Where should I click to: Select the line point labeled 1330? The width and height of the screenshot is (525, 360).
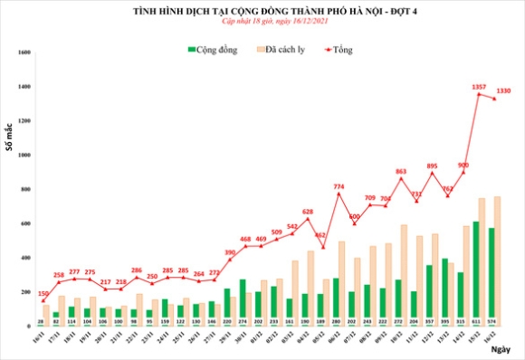pyautogui.click(x=493, y=99)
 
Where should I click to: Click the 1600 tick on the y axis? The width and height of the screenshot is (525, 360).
pyautogui.click(x=24, y=52)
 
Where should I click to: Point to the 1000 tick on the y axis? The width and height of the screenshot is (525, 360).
pyautogui.click(x=24, y=155)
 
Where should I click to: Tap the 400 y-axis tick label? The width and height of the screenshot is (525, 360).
pyautogui.click(x=26, y=258)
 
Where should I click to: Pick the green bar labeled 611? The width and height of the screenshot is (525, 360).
pyautogui.click(x=477, y=271)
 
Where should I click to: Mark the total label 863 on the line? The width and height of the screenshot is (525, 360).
pyautogui.click(x=401, y=171)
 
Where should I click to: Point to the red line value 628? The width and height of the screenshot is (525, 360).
pyautogui.click(x=307, y=211)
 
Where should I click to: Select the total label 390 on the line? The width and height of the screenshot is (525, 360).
pyautogui.click(x=230, y=252)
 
